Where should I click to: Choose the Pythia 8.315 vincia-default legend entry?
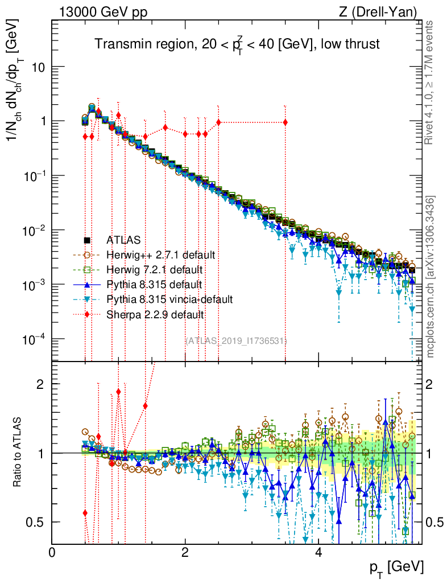169,299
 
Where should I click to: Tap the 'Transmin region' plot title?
237,44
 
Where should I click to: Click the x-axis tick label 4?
318,552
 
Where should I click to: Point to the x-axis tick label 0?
52,552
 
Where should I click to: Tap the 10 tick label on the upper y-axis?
37,67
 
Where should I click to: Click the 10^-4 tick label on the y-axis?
34,339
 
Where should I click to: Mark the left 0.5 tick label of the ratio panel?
36,522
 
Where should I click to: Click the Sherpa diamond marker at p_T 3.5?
285,122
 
